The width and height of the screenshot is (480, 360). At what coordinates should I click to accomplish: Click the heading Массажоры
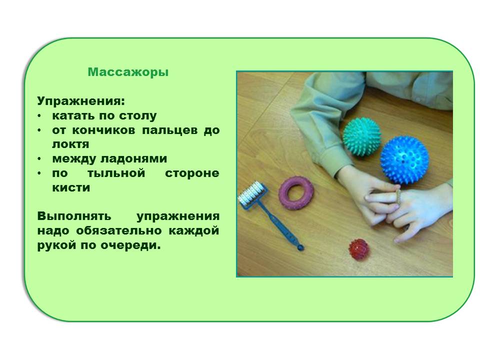point(128,72)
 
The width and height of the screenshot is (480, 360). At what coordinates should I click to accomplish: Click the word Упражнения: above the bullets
point(81,100)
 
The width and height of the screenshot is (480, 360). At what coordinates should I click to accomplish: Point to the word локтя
point(70,144)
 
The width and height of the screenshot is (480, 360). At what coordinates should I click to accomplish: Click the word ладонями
point(134,159)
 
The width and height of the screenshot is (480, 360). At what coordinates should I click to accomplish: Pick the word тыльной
point(116,173)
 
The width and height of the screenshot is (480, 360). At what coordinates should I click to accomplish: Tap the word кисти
point(71,187)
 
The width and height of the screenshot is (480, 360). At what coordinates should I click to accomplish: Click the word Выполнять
point(74,216)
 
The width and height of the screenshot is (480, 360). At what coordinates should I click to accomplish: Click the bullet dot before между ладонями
point(39,159)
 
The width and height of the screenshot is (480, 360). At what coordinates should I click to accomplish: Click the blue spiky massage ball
point(404,160)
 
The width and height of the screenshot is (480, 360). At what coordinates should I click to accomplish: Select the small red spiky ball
point(359,249)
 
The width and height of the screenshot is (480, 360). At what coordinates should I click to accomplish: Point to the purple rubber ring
point(295,193)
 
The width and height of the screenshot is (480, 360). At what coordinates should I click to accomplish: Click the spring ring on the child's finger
point(398,196)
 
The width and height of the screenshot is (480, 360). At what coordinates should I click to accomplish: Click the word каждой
point(194,230)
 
